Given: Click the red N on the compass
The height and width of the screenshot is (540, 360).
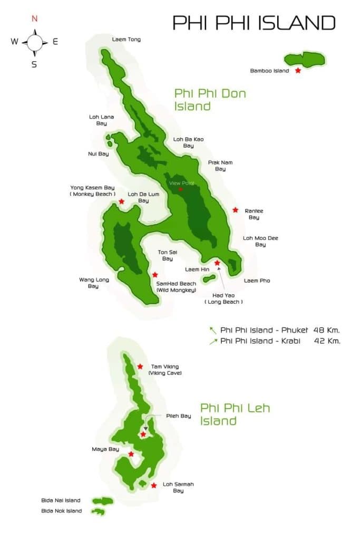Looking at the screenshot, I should click(x=34, y=18).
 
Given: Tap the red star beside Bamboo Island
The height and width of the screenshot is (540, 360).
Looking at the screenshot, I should click(x=298, y=70).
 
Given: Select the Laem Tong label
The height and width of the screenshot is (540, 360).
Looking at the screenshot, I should click(x=127, y=40).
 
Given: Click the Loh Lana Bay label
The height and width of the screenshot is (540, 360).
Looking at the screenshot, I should click(x=101, y=120).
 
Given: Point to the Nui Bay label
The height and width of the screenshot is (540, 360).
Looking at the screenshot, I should click(x=98, y=154).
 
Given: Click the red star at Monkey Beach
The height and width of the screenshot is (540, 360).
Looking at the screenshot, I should click(x=122, y=201).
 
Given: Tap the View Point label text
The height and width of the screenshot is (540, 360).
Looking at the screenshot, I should click(x=181, y=183).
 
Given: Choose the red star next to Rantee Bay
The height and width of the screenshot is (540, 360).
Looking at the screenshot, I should click(x=236, y=210).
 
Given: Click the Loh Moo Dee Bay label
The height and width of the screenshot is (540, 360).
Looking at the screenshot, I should click(x=260, y=242).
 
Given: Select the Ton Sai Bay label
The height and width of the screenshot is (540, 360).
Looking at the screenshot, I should click(x=167, y=256).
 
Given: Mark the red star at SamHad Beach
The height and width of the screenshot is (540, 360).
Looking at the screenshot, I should click(x=155, y=275).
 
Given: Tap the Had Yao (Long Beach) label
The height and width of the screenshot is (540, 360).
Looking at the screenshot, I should click(x=223, y=298).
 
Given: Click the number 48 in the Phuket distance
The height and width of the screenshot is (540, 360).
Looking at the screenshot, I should click(x=319, y=330).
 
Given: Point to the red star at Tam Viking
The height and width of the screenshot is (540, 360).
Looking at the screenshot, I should click(x=140, y=367).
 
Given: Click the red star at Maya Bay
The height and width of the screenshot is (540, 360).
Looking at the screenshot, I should click(x=131, y=454).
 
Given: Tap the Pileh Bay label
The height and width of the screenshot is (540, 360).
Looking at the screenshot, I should click(x=178, y=416).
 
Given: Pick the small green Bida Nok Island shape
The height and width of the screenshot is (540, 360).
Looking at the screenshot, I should click(x=98, y=512).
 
